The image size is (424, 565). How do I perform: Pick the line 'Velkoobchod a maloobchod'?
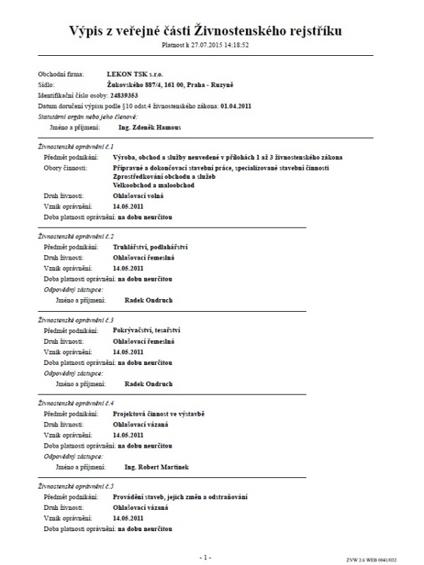(153, 185)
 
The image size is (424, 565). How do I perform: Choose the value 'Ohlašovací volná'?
(139, 195)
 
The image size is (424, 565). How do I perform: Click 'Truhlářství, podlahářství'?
(152, 247)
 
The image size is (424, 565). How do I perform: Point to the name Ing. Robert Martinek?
(156, 467)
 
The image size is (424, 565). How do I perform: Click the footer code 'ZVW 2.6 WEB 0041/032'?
(387, 559)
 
